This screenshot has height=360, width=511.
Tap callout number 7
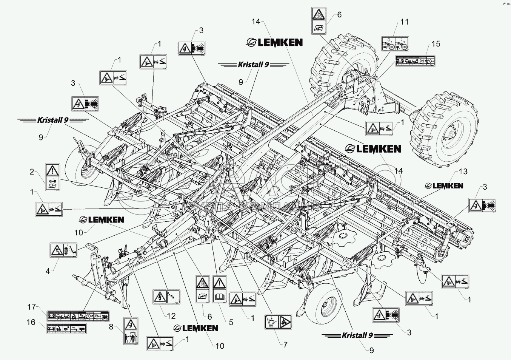point(285,345)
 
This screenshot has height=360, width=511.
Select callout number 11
point(404,22)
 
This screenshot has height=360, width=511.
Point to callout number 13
point(463,172)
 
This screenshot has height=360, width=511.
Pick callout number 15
point(436,44)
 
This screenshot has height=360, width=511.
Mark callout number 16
point(32,322)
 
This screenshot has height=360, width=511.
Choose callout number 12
point(171,316)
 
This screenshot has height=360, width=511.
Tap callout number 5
point(231,322)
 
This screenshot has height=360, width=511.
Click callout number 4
point(48,270)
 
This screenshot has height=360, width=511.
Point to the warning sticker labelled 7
point(277,321)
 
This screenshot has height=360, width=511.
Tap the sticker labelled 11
point(395,44)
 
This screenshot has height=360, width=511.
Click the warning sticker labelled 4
point(63,250)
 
